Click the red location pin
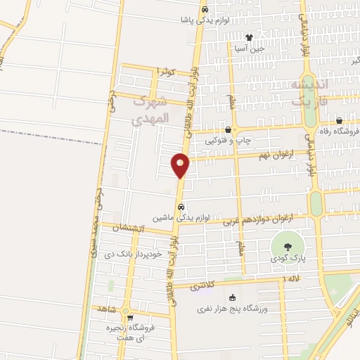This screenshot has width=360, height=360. [x=181, y=165]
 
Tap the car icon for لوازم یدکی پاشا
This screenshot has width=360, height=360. [x=204, y=11]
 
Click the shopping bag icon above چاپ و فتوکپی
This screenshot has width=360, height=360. [x=228, y=130]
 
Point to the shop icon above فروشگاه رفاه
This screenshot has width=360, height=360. [x=339, y=120]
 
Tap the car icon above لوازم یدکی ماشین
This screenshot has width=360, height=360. [x=181, y=207]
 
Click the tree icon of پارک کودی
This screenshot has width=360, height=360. [x=288, y=247]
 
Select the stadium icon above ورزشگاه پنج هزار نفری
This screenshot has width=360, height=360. [x=232, y=297]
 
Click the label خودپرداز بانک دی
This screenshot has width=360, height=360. [x=138, y=253]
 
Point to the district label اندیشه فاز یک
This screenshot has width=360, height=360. [x=309, y=93]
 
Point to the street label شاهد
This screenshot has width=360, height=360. [x=109, y=308]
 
